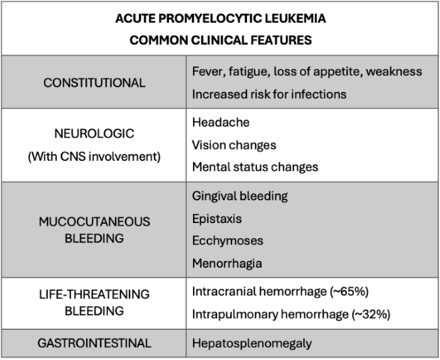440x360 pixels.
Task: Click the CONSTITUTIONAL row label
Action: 94,82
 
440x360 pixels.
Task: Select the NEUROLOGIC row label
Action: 94,134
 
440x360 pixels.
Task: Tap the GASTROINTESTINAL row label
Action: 94,344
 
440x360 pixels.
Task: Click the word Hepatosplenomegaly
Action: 252,344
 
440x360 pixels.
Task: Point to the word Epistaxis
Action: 217,219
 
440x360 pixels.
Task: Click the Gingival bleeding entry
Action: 239,196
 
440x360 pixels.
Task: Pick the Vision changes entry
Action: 234,145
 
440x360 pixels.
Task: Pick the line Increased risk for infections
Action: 269,94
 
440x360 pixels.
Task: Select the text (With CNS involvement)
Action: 94,156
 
